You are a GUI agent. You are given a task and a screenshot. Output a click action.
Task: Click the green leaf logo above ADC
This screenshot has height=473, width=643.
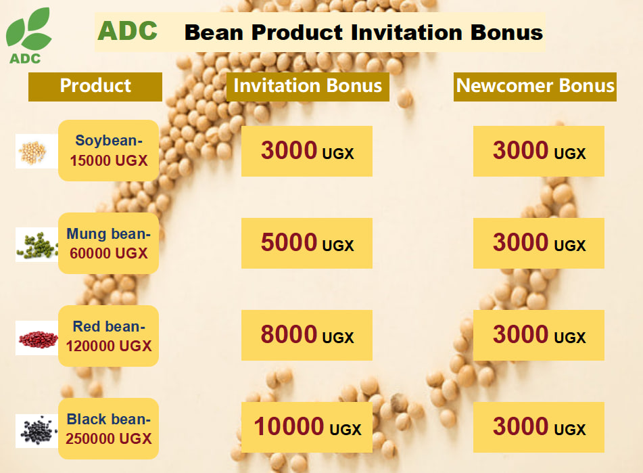coord(28,28)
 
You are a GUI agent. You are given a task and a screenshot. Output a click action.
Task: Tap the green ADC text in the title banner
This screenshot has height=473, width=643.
coord(128,30)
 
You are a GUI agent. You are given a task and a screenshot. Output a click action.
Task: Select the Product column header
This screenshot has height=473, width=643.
coord(95,87)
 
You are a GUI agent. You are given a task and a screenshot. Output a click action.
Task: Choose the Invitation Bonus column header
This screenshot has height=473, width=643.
coord(308,87)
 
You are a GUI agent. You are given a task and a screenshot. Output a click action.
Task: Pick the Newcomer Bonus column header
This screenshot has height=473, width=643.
coord(535,87)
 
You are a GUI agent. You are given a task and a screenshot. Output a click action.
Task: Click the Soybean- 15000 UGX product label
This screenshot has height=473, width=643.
coord(109,150)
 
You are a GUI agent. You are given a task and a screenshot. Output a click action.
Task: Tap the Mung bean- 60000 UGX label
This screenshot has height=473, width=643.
coord(109,244)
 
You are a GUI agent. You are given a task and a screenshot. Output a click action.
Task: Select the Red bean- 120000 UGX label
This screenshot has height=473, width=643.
coord(109,336)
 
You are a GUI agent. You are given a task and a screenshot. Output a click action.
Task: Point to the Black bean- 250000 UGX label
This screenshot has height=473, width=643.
coord(109,429)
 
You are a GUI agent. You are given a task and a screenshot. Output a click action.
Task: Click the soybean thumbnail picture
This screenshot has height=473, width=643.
coord(37,151)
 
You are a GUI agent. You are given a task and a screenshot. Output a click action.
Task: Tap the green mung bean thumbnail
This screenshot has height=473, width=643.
coord(37,244)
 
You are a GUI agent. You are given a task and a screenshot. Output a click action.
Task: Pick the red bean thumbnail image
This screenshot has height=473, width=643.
coord(37,338)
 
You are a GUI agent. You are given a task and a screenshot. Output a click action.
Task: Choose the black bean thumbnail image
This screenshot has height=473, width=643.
coord(37,431)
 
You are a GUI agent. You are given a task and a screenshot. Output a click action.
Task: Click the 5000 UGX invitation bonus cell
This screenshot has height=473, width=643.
coord(307,244)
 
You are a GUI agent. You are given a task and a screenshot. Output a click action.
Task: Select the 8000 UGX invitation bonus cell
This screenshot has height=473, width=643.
coord(307,335)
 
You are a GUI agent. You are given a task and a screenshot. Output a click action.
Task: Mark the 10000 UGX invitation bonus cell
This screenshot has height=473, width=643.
coord(307,427)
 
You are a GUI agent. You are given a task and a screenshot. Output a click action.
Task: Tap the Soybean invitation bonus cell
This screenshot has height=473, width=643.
coord(307,152)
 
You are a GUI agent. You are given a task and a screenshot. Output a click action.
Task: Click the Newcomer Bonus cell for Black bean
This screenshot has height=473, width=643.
coord(539,427)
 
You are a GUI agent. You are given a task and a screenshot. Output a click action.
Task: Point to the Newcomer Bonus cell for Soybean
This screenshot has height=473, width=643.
coord(539,152)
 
